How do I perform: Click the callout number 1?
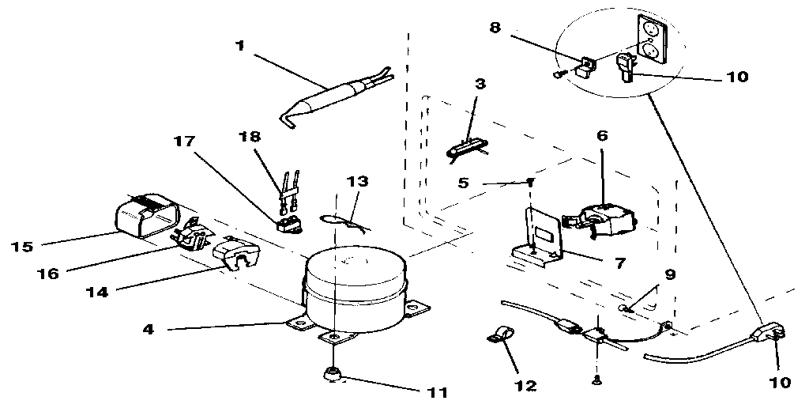coord(240,45)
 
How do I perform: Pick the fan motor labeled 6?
coord(608,217)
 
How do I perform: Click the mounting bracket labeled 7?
coord(544,233)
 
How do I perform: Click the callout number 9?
coord(669,276)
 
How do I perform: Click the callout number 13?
coord(358,181)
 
